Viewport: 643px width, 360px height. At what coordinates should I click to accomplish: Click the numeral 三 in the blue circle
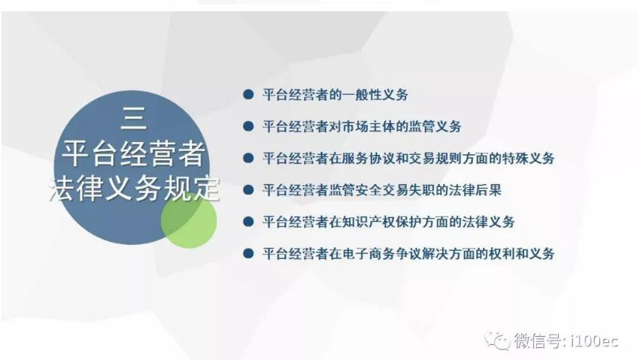coord(134,118)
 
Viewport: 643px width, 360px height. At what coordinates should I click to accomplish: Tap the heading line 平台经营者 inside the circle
coord(134,154)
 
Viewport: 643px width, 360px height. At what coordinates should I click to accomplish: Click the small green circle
coord(189,220)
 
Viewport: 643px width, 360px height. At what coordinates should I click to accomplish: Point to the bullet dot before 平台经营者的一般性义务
coord(248,95)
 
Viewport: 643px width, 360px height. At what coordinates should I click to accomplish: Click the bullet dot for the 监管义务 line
coord(248,126)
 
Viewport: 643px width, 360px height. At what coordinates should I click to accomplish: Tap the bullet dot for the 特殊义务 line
coord(248,159)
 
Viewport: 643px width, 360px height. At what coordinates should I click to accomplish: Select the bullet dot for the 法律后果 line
coord(248,190)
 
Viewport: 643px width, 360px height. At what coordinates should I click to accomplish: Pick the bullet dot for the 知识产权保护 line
coord(248,222)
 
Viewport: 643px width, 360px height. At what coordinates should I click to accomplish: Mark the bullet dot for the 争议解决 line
coord(248,254)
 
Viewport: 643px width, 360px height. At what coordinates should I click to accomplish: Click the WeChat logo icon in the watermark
coord(497,340)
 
